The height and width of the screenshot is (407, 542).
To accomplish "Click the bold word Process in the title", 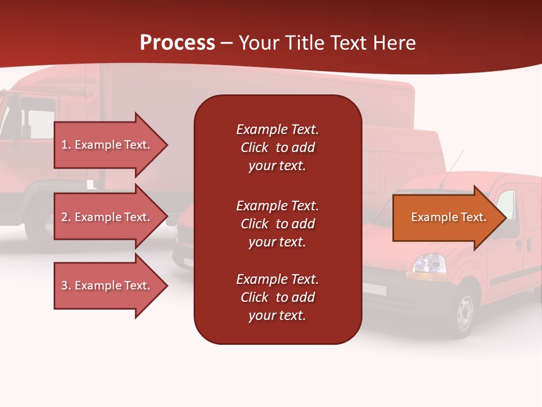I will pyautogui.click(x=177, y=43).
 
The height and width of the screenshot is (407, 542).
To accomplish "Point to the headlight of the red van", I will pyautogui.click(x=429, y=263).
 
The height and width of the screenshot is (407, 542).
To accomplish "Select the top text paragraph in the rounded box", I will pyautogui.click(x=277, y=148).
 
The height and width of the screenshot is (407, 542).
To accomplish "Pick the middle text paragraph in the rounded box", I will pyautogui.click(x=277, y=224).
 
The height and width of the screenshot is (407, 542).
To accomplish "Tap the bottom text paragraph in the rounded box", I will pyautogui.click(x=277, y=297).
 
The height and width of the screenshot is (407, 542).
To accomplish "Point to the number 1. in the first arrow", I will pyautogui.click(x=65, y=145).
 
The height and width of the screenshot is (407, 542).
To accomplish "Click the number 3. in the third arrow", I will pyautogui.click(x=65, y=285).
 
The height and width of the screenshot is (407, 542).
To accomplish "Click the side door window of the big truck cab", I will pyautogui.click(x=40, y=121).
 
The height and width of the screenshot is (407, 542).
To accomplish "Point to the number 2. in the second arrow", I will pyautogui.click(x=65, y=217).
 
